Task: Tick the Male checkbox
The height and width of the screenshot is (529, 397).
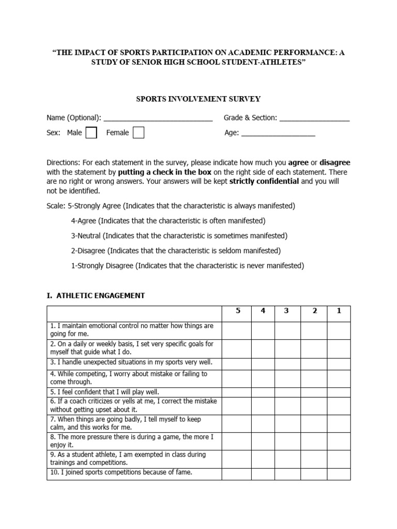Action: pyautogui.click(x=91, y=133)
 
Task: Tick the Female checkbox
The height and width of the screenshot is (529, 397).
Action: pyautogui.click(x=138, y=133)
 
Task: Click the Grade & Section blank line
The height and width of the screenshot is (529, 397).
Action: pyautogui.click(x=314, y=118)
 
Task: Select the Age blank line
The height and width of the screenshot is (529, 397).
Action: pyautogui.click(x=278, y=133)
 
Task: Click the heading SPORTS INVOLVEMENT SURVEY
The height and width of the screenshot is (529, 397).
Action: pyautogui.click(x=198, y=99)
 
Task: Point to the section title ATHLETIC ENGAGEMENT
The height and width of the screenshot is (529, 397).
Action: pyautogui.click(x=96, y=295)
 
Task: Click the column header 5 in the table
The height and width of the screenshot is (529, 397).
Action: pyautogui.click(x=237, y=312)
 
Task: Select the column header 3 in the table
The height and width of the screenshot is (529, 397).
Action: pyautogui.click(x=287, y=312)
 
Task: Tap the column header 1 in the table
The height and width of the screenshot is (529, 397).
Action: pyautogui.click(x=339, y=312)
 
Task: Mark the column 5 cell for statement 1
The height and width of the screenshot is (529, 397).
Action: pyautogui.click(x=237, y=330)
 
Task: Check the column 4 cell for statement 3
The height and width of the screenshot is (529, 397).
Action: pyautogui.click(x=263, y=363)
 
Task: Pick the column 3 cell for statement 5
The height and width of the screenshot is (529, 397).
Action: pyautogui.click(x=287, y=392)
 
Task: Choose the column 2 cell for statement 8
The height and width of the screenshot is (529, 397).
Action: pyautogui.click(x=313, y=441)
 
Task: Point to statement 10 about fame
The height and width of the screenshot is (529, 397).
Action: pyautogui.click(x=121, y=473)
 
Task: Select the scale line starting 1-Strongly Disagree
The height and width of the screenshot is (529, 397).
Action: pyautogui.click(x=187, y=266)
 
